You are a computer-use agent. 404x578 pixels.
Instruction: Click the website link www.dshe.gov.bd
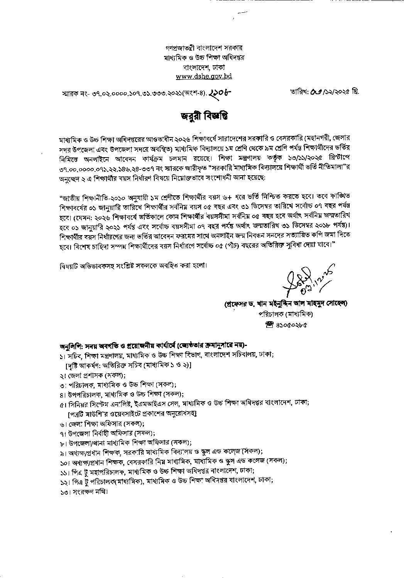[x=204, y=76]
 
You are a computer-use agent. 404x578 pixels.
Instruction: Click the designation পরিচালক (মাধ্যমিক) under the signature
[x=286, y=314]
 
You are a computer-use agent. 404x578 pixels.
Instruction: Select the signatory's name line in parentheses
[x=286, y=304]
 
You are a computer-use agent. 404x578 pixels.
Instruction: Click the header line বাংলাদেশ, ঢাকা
[x=204, y=67]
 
